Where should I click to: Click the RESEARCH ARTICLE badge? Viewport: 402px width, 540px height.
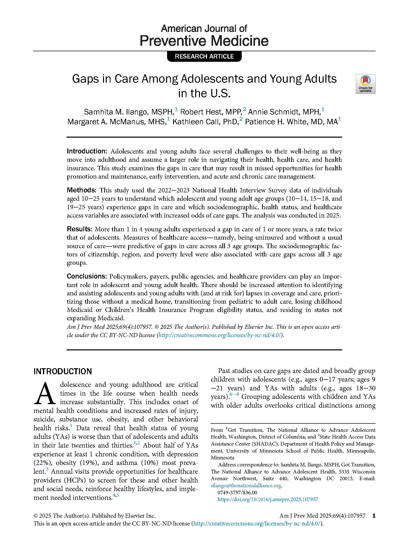coord(204,56)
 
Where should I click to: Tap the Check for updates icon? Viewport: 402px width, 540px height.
coord(365,84)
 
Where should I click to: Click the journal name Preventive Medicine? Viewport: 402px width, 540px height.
coord(204,41)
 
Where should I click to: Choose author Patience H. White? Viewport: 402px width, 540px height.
coord(276,122)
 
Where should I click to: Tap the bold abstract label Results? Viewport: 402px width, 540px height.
coord(79,229)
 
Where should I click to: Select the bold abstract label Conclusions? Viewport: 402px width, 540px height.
coord(87,276)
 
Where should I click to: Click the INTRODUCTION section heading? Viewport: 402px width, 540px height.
coord(63,371)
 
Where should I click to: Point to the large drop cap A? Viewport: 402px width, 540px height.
coord(45,394)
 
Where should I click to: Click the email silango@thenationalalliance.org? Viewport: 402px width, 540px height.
coord(246,486)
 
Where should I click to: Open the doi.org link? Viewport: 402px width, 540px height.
coord(268,500)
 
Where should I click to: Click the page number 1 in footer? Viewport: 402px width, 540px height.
coord(374,516)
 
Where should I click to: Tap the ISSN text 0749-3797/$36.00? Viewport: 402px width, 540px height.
coord(237,493)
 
